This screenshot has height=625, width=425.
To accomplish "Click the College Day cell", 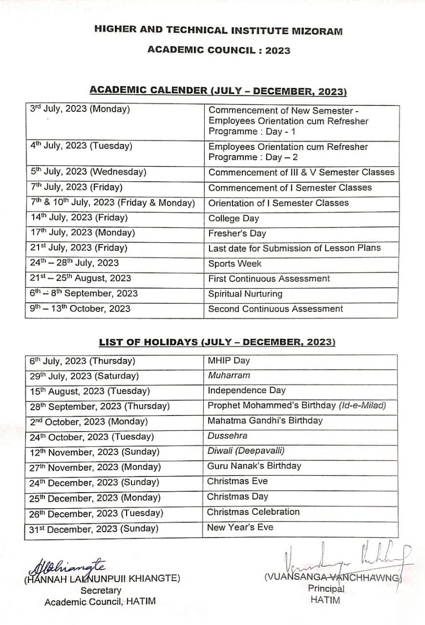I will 234,218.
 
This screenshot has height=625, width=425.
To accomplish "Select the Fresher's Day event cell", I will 237,233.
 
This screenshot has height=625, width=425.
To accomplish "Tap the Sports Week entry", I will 234,264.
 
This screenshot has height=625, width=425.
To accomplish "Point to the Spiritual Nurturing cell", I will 245,294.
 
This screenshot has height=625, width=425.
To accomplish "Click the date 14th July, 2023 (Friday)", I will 79,218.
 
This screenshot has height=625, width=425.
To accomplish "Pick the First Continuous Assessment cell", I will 269,279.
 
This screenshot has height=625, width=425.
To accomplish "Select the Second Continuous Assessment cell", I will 276,309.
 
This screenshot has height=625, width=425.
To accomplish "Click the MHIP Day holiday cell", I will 228,361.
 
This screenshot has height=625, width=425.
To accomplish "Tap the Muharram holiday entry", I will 229,375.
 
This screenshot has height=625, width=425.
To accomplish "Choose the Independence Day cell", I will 246,391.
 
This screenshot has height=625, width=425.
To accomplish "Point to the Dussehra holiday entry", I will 227,436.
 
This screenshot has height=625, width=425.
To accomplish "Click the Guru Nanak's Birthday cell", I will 254,466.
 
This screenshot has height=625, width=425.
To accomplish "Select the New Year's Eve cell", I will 240,527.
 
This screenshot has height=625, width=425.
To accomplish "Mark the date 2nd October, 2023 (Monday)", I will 88,421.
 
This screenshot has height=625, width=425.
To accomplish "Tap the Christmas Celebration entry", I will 253,512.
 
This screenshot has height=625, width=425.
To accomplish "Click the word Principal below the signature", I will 326,589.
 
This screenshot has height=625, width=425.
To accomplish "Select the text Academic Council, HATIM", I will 100,602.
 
